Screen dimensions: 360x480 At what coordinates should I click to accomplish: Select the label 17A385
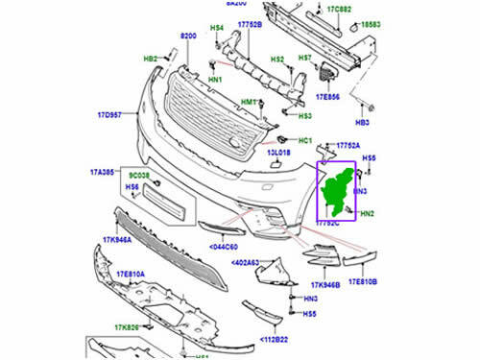tap(104, 171)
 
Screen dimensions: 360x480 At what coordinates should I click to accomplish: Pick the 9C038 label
tap(139, 177)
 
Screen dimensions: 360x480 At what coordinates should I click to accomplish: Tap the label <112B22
tap(279, 340)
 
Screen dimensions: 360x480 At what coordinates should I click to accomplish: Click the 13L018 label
tap(279, 152)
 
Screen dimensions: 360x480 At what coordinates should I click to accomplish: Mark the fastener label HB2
tap(151, 60)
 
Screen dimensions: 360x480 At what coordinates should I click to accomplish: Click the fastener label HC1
tap(307, 142)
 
